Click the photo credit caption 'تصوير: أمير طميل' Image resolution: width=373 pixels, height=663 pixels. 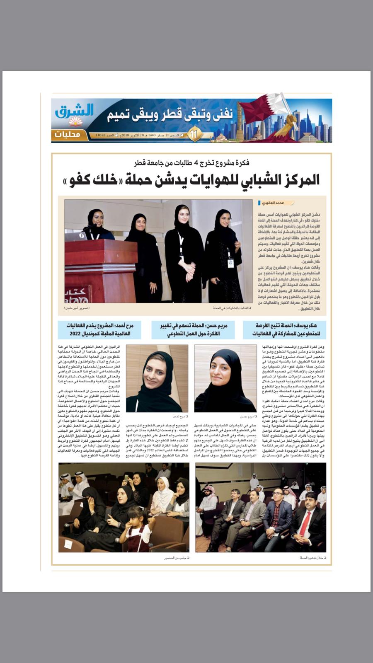77,308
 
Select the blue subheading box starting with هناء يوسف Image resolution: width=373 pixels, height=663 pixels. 284,329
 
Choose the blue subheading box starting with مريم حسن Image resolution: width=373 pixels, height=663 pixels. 192,329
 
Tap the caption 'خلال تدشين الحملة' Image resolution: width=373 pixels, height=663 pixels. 311,558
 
